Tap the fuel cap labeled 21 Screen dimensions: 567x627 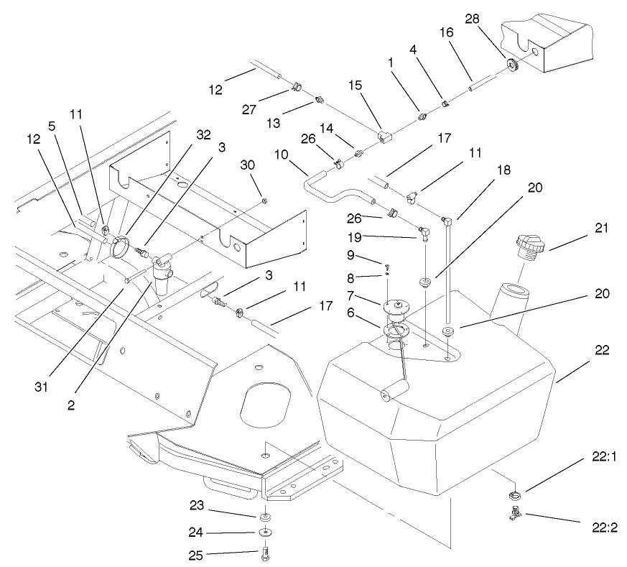pos(529,246)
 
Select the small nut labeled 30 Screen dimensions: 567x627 pos(265,199)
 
